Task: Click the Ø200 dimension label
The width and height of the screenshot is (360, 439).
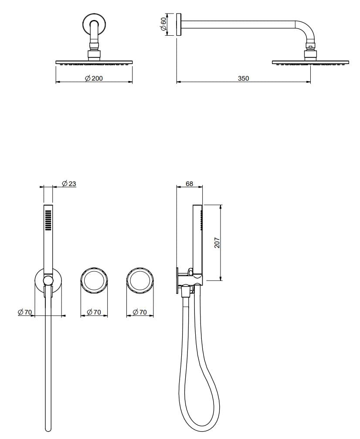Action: [x=94, y=78]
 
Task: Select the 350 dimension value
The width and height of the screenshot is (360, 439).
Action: [x=243, y=78]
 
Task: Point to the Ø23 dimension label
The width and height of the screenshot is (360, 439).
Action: [x=69, y=184]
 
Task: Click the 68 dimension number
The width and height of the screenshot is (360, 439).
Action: [x=189, y=184]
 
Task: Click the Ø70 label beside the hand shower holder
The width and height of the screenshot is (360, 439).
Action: [x=25, y=312]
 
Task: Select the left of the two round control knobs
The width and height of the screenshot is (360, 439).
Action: [x=94, y=280]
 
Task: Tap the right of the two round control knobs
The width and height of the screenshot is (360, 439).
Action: [x=139, y=280]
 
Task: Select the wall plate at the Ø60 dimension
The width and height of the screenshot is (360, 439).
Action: [x=179, y=25]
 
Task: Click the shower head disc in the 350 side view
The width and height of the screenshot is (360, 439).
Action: [x=311, y=62]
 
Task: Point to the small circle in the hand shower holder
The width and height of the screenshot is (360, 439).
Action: [x=48, y=280]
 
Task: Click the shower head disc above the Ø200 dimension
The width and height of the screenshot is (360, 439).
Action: [x=94, y=62]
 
